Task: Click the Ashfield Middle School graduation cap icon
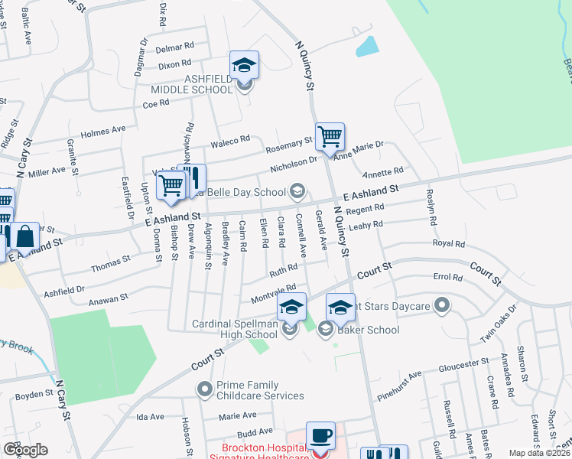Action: pyautogui.click(x=244, y=65)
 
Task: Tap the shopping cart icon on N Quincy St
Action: pyautogui.click(x=330, y=137)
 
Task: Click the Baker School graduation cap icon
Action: pyautogui.click(x=340, y=308)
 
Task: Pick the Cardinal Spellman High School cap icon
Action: pyautogui.click(x=291, y=308)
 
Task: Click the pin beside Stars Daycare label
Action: pyautogui.click(x=441, y=307)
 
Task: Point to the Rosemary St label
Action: pyautogui.click(x=288, y=143)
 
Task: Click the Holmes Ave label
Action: pyautogui.click(x=102, y=131)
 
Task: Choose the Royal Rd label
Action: pyautogui.click(x=449, y=244)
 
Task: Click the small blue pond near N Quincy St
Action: pyautogui.click(x=367, y=47)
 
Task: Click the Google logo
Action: pyautogui.click(x=25, y=450)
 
